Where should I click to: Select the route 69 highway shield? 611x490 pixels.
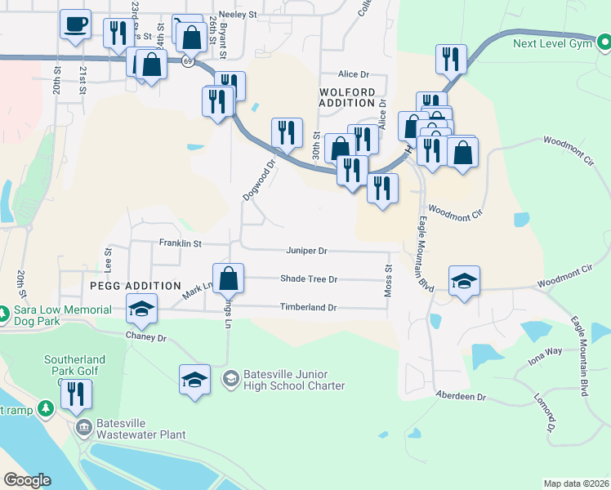click(188, 62)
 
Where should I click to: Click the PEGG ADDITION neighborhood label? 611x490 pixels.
click(131, 286)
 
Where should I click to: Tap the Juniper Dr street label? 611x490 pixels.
click(306, 251)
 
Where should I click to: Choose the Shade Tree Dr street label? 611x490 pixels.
click(309, 278)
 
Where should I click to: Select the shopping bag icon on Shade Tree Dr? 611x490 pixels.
click(230, 278)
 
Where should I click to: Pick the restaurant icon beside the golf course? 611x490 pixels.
click(76, 394)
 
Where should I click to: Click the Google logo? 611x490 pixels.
click(27, 480)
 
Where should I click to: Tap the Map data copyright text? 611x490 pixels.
click(576, 483)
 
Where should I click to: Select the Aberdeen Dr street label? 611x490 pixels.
click(460, 396)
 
